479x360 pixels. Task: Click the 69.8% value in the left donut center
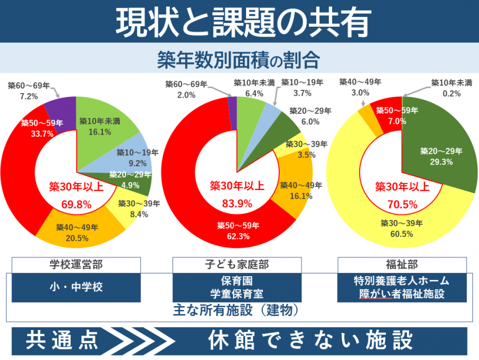coord(76,205)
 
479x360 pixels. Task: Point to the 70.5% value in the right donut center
coord(403,205)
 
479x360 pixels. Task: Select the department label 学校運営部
coord(76,265)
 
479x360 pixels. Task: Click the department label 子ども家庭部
coord(237,265)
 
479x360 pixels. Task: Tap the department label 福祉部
coord(402,265)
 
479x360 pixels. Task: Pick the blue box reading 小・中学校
coord(76,287)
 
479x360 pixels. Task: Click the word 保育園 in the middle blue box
coord(237,282)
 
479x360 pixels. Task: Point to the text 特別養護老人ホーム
coord(402,281)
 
